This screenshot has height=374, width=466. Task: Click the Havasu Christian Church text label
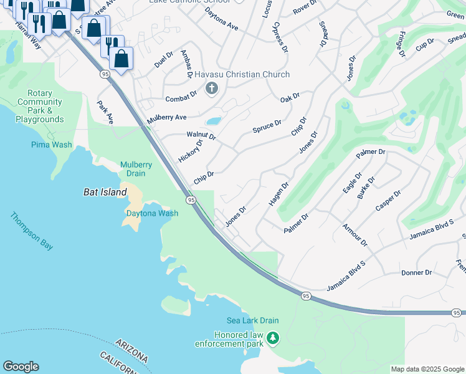242,75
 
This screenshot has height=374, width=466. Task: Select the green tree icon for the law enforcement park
272,338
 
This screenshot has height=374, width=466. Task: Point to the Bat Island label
105,193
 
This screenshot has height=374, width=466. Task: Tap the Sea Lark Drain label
252,320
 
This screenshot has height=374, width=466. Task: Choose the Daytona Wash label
153,213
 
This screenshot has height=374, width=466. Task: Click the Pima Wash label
52,145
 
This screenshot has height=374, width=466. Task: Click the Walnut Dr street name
201,135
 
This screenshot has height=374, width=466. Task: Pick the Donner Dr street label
416,272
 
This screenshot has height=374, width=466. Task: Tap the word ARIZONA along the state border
132,351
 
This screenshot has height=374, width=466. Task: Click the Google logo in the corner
21,367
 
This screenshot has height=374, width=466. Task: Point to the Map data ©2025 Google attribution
427,369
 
